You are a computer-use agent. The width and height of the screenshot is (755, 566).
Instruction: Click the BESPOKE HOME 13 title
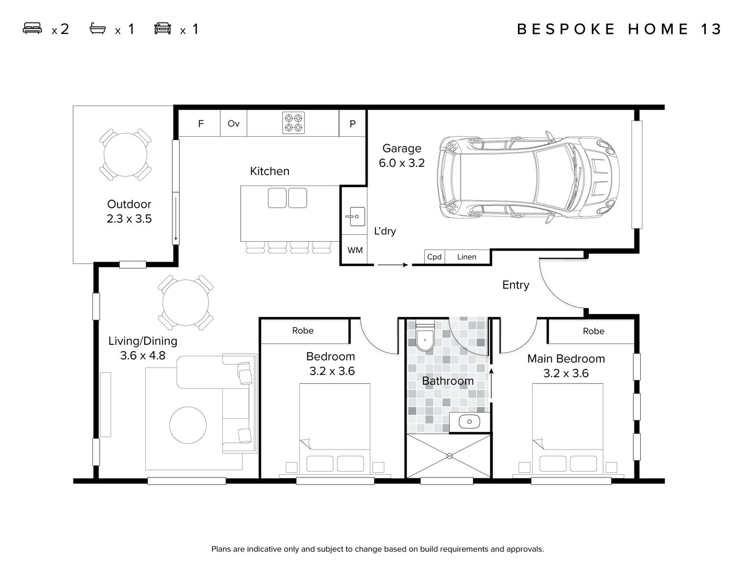[619, 29]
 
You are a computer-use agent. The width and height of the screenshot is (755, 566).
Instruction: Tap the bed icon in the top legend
[33, 29]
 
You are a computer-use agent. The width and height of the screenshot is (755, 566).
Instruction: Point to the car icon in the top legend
[163, 29]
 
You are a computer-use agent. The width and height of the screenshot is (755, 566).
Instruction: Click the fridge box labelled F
[200, 124]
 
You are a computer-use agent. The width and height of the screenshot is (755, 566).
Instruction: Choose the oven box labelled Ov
[233, 124]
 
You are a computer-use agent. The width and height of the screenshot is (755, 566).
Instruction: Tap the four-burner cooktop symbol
[293, 123]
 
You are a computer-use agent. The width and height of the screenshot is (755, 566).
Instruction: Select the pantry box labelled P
[352, 124]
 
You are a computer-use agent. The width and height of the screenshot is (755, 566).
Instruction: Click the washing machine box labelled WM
[355, 251]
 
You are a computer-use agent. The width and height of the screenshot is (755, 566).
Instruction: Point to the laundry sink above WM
[355, 216]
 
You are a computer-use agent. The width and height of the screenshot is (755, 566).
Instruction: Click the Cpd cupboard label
[435, 257]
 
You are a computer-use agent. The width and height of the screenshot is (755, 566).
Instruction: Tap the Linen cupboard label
[467, 257]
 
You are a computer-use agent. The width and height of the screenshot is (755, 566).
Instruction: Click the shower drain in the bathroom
[449, 456]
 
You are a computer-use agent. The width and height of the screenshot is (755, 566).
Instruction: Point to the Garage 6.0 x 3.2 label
[402, 156]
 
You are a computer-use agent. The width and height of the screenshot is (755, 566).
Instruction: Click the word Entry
[515, 285]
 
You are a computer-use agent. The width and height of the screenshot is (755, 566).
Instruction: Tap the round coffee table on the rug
[188, 425]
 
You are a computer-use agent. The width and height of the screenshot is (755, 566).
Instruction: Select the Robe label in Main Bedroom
[593, 331]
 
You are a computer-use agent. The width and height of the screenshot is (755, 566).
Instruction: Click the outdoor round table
[125, 155]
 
